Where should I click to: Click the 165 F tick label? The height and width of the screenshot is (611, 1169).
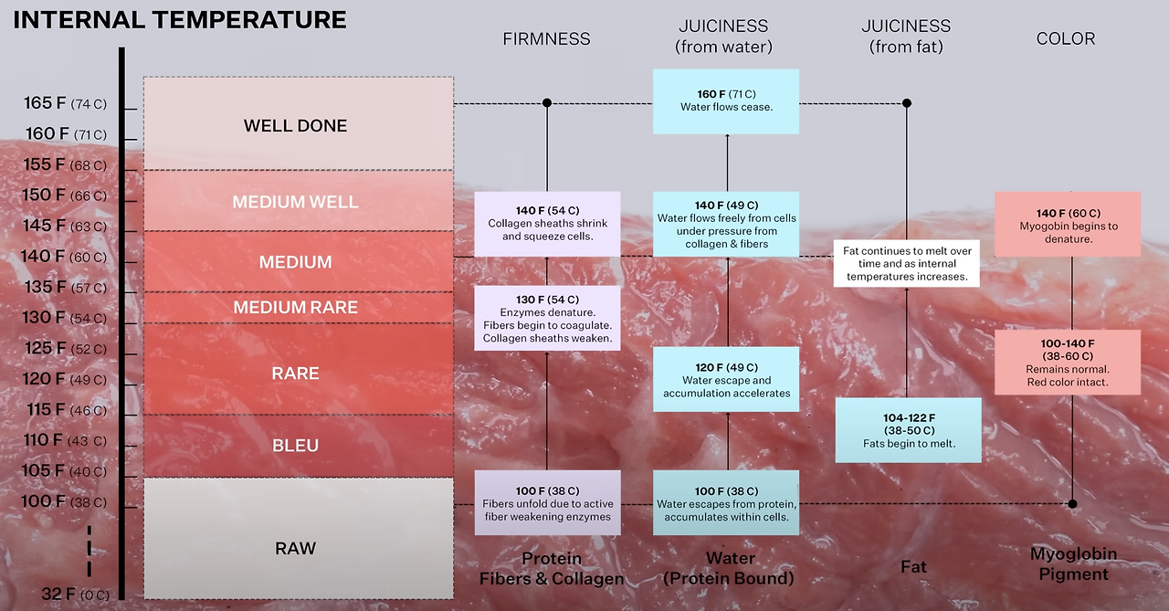65,103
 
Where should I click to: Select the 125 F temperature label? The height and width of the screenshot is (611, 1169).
65,348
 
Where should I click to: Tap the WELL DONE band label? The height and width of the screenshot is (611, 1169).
295,126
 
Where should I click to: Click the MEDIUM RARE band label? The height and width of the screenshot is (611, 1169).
295,308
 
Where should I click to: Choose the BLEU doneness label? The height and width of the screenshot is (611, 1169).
295,446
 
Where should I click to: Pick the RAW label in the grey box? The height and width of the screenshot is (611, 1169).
295,548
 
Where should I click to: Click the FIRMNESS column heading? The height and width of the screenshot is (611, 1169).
546,39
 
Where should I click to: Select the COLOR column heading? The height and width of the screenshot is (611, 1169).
1066,38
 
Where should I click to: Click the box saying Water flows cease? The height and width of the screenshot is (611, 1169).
727,100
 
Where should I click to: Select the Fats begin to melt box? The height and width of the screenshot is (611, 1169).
909,430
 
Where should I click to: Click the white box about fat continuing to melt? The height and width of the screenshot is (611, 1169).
906,263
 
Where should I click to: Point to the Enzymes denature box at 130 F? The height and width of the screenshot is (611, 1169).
547,319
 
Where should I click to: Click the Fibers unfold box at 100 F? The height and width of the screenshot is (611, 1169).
547,503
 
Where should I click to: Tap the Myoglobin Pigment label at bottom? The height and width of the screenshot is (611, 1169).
1073,564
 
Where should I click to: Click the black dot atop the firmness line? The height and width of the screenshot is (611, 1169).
547,103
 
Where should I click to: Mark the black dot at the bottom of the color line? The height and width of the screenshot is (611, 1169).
1072,503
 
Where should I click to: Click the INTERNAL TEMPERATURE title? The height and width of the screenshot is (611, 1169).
180,19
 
